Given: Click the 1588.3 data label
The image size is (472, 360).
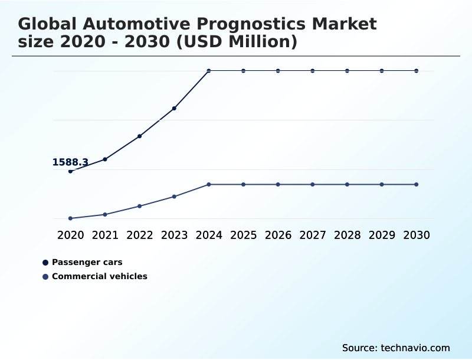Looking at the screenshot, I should [70, 162].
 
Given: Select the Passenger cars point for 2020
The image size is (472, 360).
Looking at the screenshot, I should [71, 171].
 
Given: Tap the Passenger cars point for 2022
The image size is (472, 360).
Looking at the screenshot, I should [140, 136].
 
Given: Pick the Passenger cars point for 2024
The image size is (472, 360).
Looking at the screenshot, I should [209, 71].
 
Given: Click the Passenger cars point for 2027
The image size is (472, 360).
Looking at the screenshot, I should [313, 71].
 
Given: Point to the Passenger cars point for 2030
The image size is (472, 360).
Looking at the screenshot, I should [417, 71].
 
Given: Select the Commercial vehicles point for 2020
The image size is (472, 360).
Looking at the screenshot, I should [71, 218].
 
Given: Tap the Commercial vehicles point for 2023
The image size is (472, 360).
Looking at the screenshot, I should [174, 197].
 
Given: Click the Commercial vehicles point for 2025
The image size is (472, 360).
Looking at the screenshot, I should [243, 185].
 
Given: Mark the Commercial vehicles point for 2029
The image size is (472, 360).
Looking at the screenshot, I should [382, 185].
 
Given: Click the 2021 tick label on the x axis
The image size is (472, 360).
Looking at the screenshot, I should [105, 235].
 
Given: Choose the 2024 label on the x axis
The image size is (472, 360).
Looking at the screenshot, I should [209, 235].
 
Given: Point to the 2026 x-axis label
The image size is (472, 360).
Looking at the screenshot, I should [278, 235].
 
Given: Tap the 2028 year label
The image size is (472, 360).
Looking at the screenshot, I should [347, 235].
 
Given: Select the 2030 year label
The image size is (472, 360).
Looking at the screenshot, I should [417, 235].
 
